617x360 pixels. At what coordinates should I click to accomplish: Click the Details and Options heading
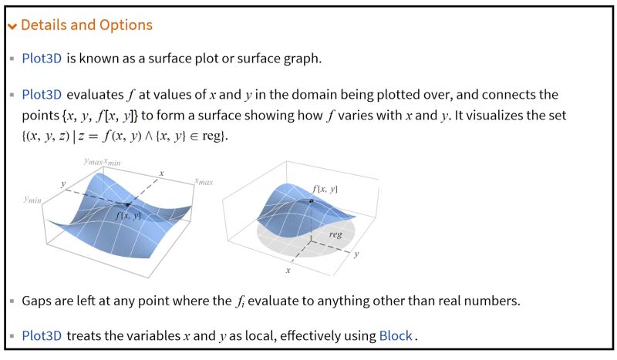[x=86, y=25]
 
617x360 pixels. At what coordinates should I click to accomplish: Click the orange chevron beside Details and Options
[x=12, y=26]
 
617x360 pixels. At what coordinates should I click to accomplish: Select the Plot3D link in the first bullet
[x=42, y=59]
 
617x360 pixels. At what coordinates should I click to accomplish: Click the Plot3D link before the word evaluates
[x=42, y=95]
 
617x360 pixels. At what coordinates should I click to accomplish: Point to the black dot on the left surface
[x=127, y=204]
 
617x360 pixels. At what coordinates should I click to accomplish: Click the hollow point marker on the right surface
[x=311, y=201]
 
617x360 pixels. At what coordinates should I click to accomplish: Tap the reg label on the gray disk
[x=335, y=233]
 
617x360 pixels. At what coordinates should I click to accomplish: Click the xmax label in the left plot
[x=204, y=181]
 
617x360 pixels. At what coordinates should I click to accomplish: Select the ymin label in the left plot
[x=32, y=199]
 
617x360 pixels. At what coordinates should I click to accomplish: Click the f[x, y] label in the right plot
[x=325, y=188]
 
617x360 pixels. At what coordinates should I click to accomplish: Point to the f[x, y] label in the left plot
[x=128, y=216]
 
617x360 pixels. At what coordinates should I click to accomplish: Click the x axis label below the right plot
[x=288, y=271]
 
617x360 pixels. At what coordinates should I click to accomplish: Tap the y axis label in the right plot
[x=356, y=253]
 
